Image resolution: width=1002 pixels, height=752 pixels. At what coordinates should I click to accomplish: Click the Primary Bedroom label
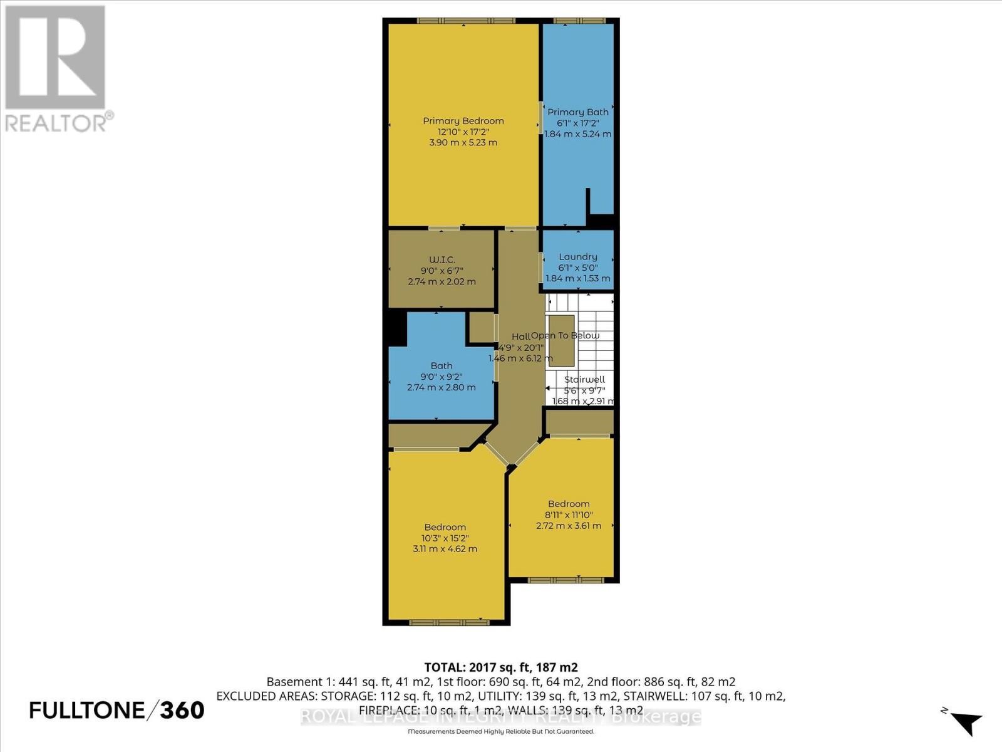[x=463, y=121]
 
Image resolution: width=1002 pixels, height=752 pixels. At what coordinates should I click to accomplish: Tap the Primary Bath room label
[x=577, y=112]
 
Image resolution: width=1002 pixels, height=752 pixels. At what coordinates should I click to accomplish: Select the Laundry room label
[x=577, y=256]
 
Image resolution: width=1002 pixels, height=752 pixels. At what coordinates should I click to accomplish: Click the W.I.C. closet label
[x=442, y=259]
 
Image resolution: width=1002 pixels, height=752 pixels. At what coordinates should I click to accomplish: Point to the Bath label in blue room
[x=441, y=365]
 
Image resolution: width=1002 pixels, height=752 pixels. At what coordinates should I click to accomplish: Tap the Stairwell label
[x=584, y=380]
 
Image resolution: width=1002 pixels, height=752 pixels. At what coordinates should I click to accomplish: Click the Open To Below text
[x=566, y=335]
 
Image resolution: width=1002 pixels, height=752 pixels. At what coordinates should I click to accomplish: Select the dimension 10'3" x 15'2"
[x=445, y=538]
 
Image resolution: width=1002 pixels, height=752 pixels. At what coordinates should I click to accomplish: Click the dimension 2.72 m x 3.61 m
[x=568, y=525]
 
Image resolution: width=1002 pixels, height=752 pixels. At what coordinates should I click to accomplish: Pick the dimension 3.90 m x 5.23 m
[x=463, y=142]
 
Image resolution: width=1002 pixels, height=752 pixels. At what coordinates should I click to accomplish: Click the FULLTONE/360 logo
[x=116, y=710]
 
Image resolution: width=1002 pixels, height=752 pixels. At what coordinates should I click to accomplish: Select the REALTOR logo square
[x=55, y=58]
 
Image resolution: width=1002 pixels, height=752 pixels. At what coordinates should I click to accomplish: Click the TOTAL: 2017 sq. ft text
[x=500, y=667]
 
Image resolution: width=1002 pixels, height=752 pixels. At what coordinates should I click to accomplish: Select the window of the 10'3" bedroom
[x=448, y=622]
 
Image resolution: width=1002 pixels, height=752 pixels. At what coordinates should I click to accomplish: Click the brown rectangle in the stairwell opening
[x=562, y=340]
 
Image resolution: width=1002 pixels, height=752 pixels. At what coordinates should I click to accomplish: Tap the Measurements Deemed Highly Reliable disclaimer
[x=500, y=731]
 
